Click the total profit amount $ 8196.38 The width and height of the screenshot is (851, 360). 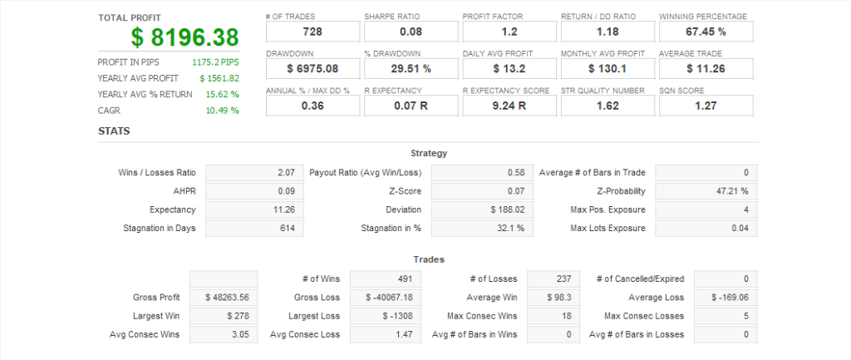pos(184,37)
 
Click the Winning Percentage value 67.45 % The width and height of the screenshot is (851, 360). pos(706,32)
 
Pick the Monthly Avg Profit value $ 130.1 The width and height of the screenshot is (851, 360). pos(607,68)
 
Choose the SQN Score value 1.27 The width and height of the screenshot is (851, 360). pos(706,106)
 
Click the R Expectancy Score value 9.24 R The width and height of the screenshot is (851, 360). pos(509,106)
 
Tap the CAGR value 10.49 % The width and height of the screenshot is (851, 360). pos(223,111)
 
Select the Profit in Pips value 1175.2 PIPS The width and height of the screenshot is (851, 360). pos(215,62)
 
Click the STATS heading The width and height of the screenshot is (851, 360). pos(114,131)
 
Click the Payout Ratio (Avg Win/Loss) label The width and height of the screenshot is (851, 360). pos(365,173)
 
